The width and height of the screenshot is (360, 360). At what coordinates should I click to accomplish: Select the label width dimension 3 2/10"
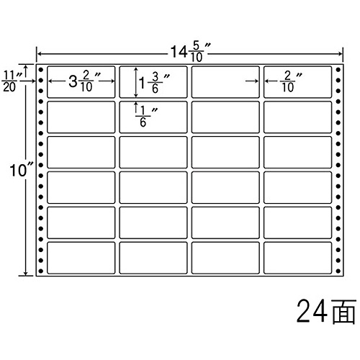[84, 81]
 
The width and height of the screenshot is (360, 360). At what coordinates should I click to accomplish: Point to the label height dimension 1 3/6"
[154, 83]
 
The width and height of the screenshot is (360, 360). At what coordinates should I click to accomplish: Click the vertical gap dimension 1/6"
[146, 117]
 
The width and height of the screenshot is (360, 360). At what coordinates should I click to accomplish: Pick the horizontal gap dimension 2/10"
[291, 82]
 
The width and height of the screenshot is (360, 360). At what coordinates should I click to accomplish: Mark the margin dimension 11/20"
[12, 81]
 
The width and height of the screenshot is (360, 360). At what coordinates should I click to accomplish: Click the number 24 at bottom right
[311, 311]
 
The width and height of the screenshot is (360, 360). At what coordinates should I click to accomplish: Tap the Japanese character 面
[343, 312]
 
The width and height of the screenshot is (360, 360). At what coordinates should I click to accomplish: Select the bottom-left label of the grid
[81, 258]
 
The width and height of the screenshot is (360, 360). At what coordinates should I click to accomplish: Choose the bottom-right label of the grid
[297, 258]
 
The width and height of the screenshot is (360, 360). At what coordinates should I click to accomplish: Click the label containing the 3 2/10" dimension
[81, 82]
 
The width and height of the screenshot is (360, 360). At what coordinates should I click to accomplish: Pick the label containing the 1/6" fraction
[153, 117]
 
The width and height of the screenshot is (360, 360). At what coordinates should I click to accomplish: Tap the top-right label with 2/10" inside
[297, 82]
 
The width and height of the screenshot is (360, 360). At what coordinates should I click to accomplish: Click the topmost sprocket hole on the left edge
[41, 70]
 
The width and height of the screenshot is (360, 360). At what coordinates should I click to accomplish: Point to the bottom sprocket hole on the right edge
[338, 271]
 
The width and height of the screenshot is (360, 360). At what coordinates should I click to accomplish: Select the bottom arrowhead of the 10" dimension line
[25, 273]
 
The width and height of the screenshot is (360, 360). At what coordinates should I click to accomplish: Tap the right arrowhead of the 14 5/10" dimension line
[340, 54]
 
